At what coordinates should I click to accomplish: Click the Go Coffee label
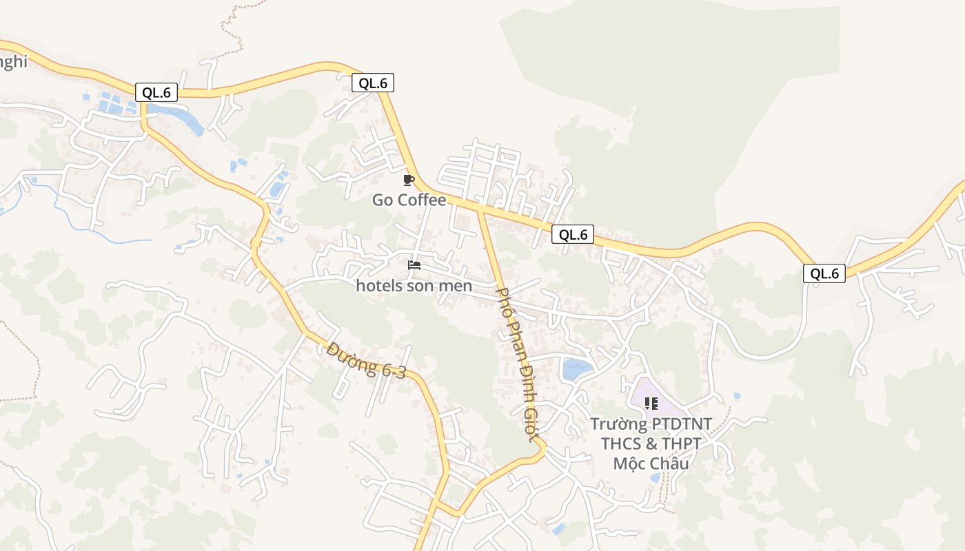coord(409,200)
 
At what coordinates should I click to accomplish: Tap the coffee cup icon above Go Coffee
coord(408,180)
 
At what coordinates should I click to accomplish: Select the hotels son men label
coord(414,285)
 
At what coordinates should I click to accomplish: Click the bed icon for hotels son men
coord(414,265)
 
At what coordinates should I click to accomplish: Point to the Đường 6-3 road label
coord(367,360)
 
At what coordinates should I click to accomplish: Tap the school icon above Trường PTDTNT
coord(651,403)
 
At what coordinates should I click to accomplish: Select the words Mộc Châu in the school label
coord(651,463)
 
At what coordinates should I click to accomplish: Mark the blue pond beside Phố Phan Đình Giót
coord(577,370)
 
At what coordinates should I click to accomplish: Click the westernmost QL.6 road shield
coord(156,92)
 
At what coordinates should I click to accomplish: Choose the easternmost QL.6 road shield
coord(824,273)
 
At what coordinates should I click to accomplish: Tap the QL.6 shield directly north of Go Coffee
coord(373,83)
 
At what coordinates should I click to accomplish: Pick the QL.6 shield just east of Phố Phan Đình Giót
coord(573,234)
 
